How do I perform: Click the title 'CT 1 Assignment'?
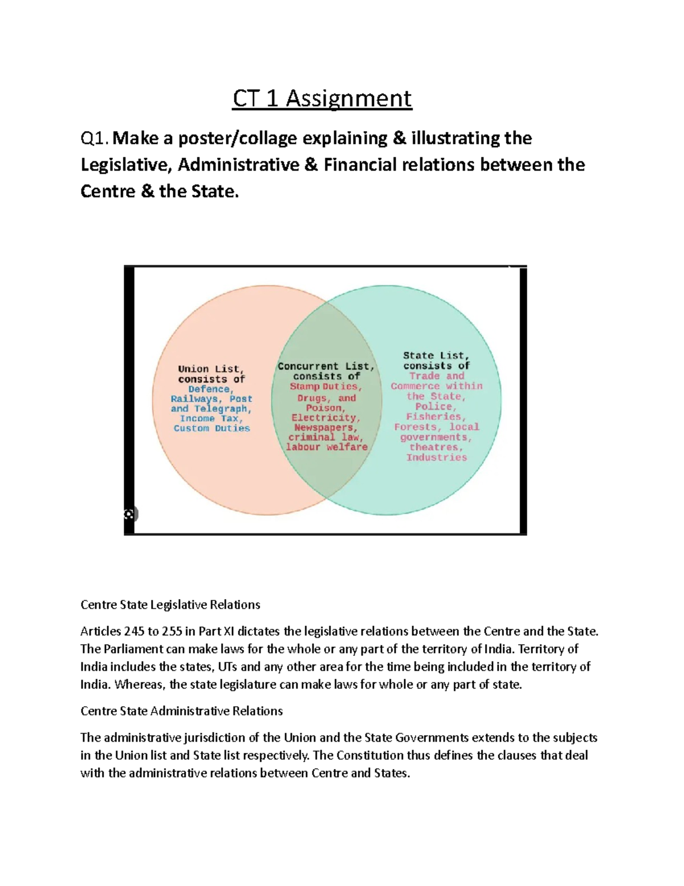321,99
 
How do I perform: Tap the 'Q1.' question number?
95,139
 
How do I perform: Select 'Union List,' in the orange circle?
211,369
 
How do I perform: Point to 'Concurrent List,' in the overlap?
326,366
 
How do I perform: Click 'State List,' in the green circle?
436,355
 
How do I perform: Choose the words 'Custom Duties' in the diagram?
211,428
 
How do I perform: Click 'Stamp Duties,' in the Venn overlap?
325,386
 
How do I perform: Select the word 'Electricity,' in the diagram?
325,418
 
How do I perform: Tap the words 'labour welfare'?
327,447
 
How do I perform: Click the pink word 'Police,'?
436,407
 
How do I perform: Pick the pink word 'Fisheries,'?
436,417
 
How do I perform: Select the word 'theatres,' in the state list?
436,447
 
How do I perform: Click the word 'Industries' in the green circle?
436,458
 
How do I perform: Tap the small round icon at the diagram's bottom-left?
130,514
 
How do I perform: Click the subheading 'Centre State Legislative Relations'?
170,605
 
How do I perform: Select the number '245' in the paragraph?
134,632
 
